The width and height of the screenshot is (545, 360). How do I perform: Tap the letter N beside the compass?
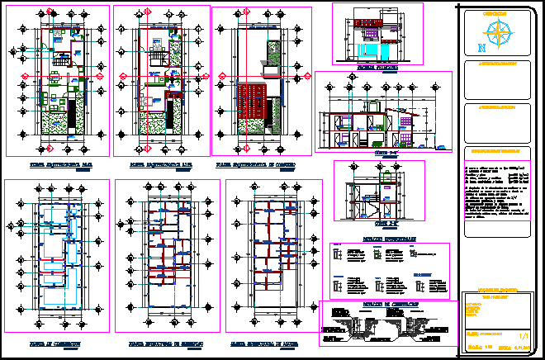(x=481, y=47)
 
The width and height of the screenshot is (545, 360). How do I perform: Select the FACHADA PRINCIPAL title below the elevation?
(x=377, y=65)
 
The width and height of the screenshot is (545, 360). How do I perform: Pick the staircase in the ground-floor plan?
(x=61, y=59)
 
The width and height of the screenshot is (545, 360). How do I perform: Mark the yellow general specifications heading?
(x=495, y=151)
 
